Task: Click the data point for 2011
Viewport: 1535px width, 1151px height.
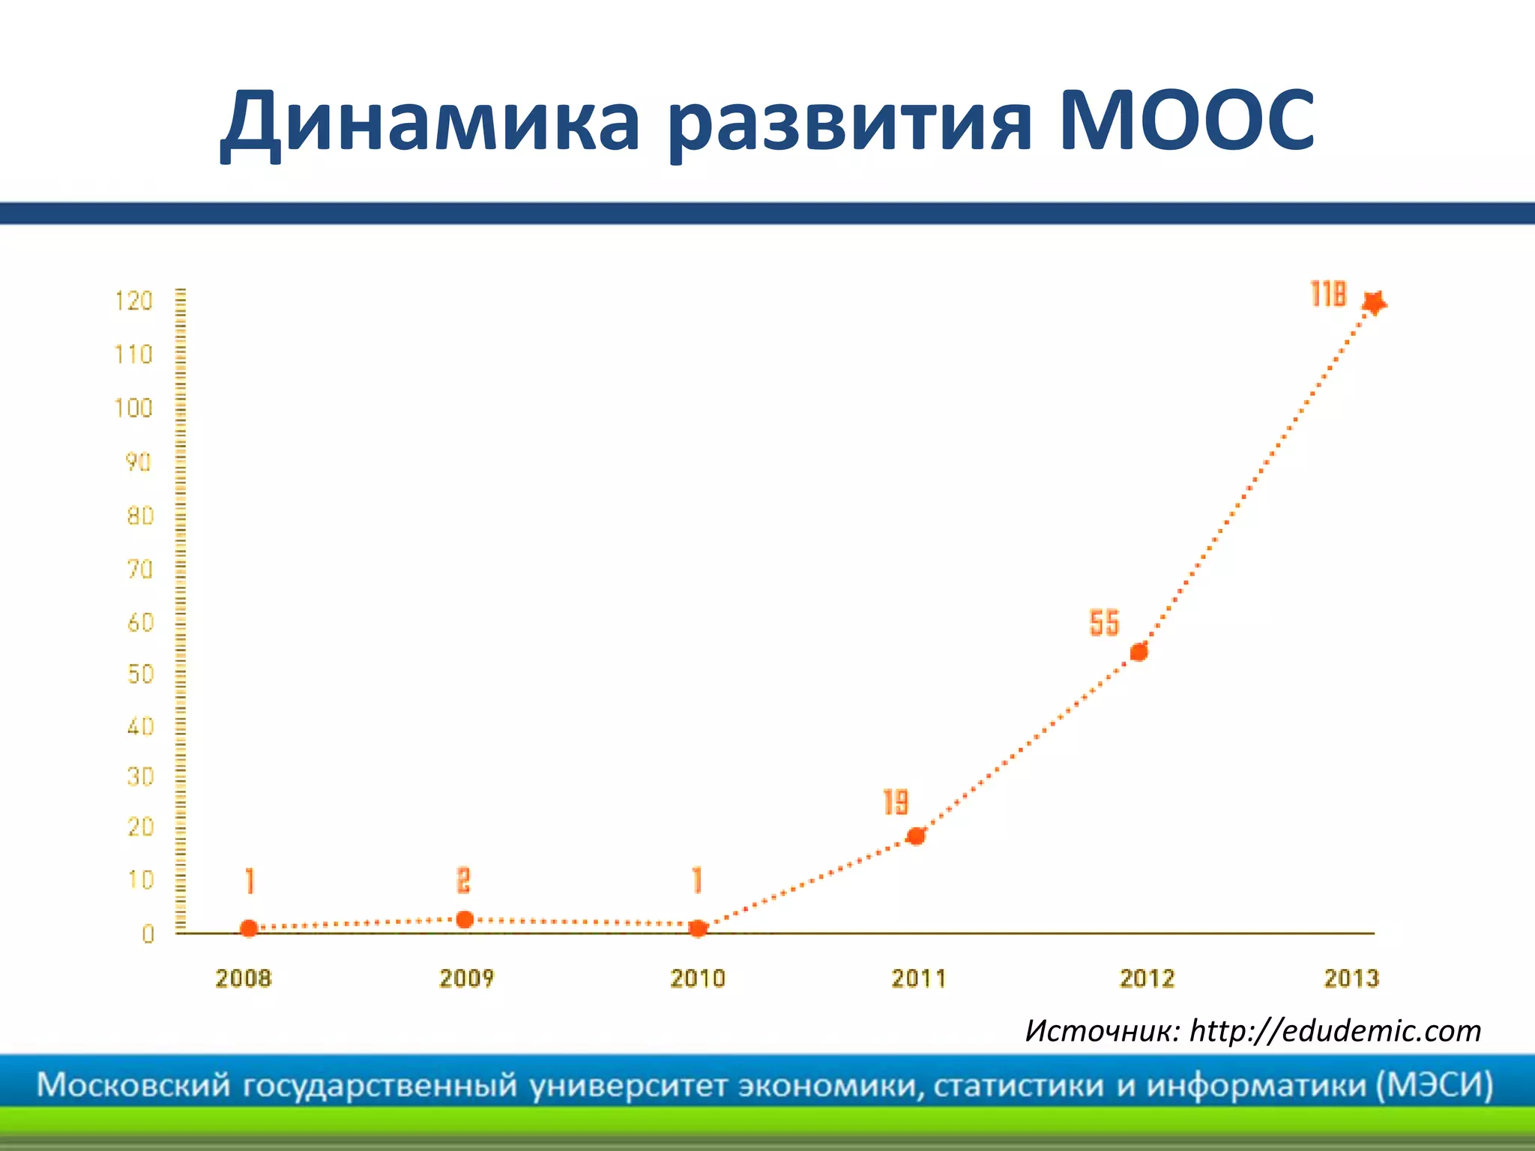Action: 915,836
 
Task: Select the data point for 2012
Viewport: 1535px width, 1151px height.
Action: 1139,652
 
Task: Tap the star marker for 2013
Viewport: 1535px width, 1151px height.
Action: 1374,303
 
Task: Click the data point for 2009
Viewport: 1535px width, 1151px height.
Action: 465,919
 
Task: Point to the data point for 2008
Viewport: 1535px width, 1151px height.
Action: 249,928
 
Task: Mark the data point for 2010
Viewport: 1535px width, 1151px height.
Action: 698,928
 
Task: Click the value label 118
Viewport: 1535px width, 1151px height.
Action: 1328,294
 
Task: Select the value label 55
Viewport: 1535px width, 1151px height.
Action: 1104,623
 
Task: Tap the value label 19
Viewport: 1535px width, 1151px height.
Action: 896,802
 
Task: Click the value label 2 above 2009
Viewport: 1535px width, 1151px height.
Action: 464,880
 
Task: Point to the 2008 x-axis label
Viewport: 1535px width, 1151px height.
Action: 243,978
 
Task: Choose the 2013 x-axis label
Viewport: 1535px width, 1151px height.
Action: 1351,978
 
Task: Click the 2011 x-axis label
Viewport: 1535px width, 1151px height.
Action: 918,978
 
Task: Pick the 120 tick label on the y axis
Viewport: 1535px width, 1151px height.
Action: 133,301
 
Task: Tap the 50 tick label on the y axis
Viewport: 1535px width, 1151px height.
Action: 140,674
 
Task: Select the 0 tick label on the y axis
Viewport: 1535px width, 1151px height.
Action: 148,934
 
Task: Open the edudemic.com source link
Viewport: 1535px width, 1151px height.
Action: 1335,1031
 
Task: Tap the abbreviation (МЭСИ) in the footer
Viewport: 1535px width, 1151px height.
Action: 1435,1085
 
